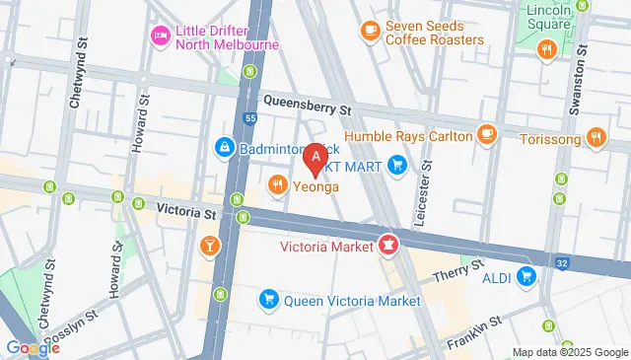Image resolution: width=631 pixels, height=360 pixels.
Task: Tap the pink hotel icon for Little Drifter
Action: coord(158,36)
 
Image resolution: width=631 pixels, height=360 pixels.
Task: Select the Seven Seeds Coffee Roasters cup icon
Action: coord(371,31)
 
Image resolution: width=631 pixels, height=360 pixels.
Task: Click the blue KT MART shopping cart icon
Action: coord(396,164)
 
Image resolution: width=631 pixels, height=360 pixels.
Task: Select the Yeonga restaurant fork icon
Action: coord(278,182)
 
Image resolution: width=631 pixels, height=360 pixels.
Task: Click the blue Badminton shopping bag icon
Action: coord(225,148)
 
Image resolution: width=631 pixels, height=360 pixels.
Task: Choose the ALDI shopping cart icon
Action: coord(526,277)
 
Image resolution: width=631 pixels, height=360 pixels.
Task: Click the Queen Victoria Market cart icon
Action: coord(267,298)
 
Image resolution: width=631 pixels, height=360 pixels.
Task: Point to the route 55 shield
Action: coord(251,117)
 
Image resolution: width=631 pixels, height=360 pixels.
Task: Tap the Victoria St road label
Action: coord(186,209)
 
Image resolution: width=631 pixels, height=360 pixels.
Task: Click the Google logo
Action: coord(33,347)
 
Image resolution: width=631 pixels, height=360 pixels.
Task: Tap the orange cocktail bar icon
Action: coord(210,245)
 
